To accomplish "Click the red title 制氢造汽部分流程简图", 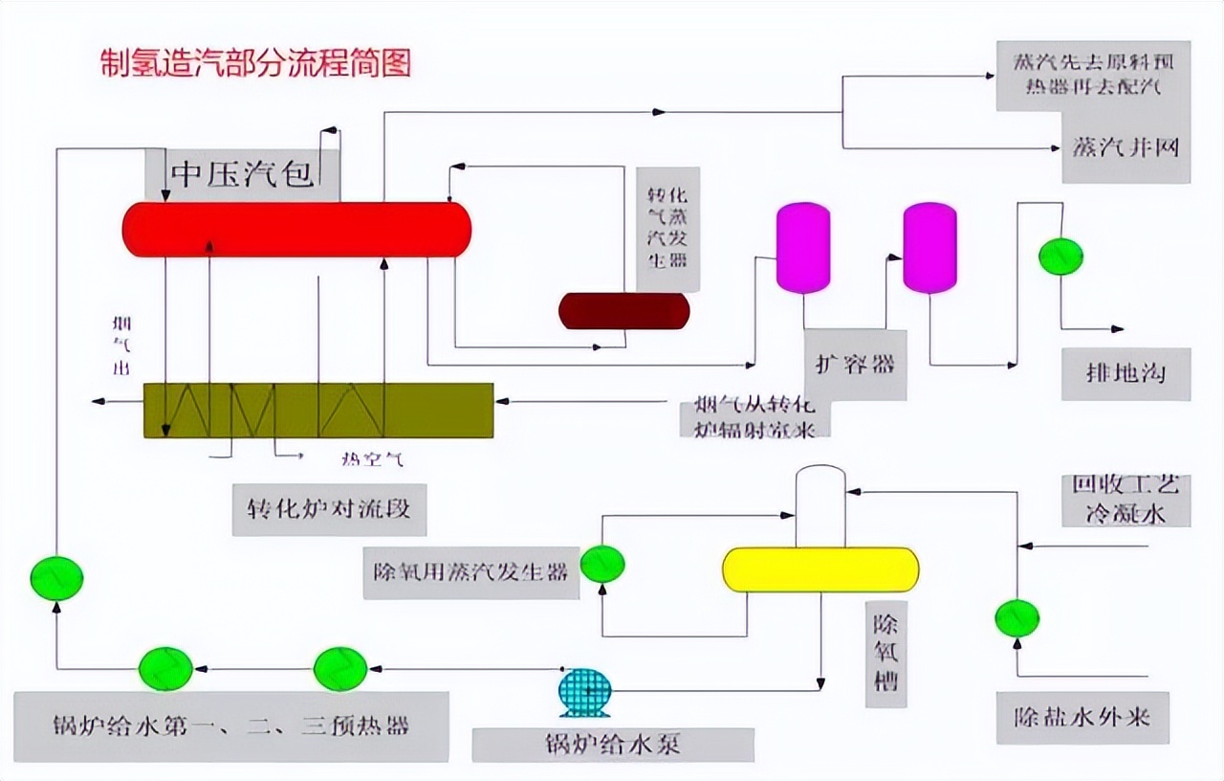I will pyautogui.click(x=256, y=63).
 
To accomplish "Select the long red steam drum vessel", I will pyautogui.click(x=296, y=230).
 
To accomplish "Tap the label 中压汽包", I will pyautogui.click(x=242, y=175).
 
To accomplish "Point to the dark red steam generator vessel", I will pyautogui.click(x=623, y=311).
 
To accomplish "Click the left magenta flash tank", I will pyautogui.click(x=802, y=247).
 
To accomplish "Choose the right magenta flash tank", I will pyautogui.click(x=929, y=248).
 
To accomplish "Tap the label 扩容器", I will pyautogui.click(x=855, y=365).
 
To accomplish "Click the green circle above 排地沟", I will pyautogui.click(x=1060, y=257).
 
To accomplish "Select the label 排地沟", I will pyautogui.click(x=1126, y=373).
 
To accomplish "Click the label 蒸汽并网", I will pyautogui.click(x=1126, y=148).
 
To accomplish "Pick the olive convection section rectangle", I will pyautogui.click(x=318, y=411).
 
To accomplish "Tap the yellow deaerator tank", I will pyautogui.click(x=820, y=569).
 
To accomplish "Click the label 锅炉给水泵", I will pyautogui.click(x=613, y=745).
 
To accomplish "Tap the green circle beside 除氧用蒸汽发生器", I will pyautogui.click(x=602, y=564).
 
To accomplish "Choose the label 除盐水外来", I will pyautogui.click(x=1082, y=717).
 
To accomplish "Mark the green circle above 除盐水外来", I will pyautogui.click(x=1016, y=618).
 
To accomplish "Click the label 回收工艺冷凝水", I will pyautogui.click(x=1126, y=499).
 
